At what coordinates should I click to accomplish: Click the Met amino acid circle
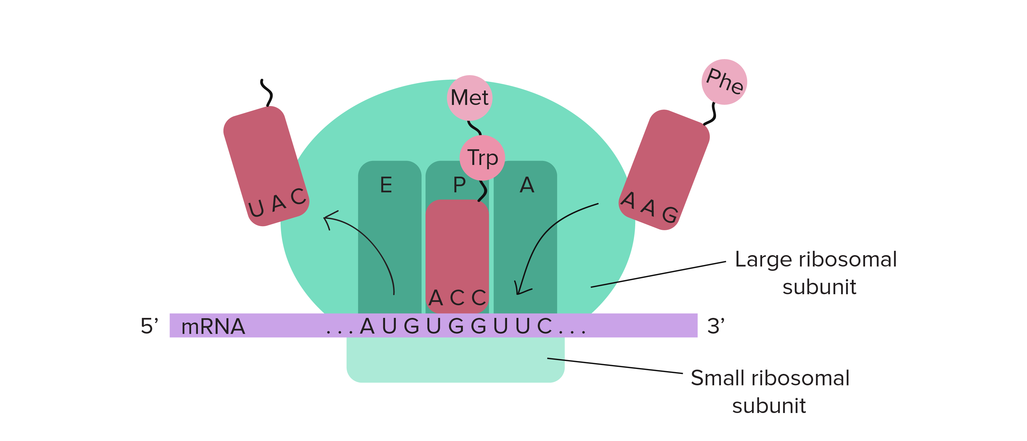pyautogui.click(x=470, y=97)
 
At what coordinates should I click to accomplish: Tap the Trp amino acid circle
pyautogui.click(x=482, y=157)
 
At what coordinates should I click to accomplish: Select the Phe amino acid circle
pyautogui.click(x=724, y=82)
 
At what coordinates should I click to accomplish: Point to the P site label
pyautogui.click(x=459, y=185)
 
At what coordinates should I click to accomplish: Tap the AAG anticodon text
pyautogui.click(x=649, y=207)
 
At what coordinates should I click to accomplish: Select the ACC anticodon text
pyautogui.click(x=457, y=298)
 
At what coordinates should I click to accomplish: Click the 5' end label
pyautogui.click(x=150, y=326)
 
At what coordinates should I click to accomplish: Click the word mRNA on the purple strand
pyautogui.click(x=213, y=327)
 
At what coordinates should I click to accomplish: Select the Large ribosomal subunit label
pyautogui.click(x=816, y=273)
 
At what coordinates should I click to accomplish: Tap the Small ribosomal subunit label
pyautogui.click(x=769, y=391)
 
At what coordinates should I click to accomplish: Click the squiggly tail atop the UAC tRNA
pyautogui.click(x=267, y=93)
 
